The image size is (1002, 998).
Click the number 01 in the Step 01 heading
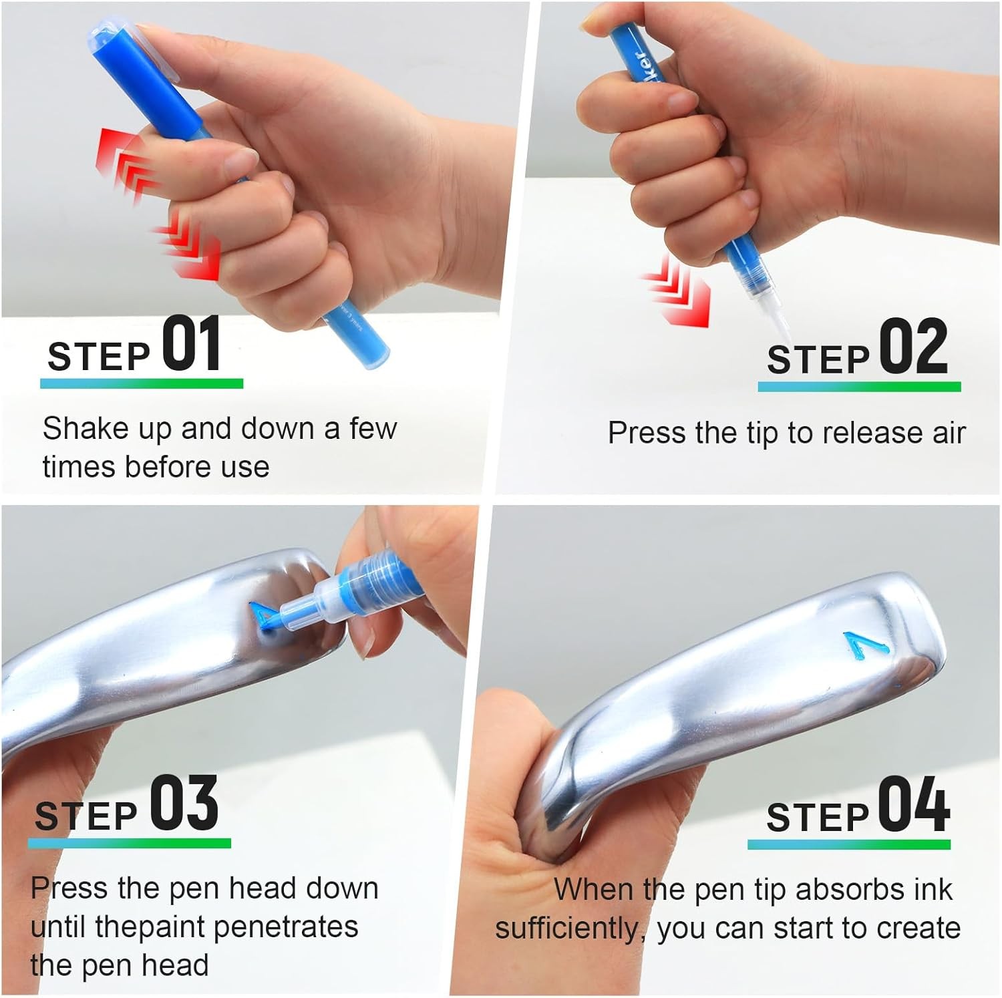coord(192,345)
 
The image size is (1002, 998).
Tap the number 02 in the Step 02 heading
coord(912,347)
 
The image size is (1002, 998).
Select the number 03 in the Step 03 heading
coord(184,804)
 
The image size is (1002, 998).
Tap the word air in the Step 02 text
coord(949,433)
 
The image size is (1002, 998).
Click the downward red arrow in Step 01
coord(188,251)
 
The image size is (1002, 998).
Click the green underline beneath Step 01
coord(142,383)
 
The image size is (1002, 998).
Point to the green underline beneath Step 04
coord(848,844)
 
